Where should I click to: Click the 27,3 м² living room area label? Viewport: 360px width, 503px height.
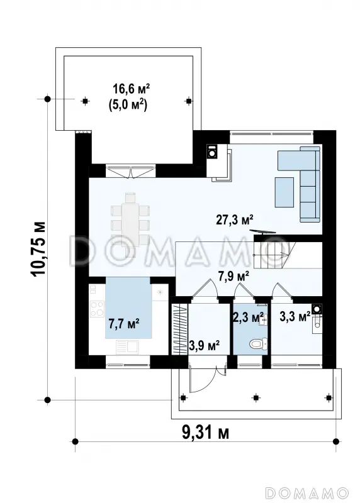(234, 220)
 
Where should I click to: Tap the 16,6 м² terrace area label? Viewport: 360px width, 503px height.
(132, 89)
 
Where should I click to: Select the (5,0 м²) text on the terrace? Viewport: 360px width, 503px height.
(128, 105)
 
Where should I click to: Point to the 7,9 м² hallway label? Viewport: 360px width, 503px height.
(233, 276)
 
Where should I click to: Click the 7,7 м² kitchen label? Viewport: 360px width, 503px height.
(124, 324)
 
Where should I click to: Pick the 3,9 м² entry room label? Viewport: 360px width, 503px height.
(205, 346)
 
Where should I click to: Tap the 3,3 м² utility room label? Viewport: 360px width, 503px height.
(295, 317)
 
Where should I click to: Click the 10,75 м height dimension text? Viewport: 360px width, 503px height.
(38, 249)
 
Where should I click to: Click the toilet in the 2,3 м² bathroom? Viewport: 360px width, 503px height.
(258, 344)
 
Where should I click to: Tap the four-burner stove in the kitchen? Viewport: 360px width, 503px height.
(97, 309)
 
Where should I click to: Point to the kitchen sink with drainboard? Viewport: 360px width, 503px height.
(127, 347)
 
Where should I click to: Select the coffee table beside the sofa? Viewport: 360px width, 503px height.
(284, 192)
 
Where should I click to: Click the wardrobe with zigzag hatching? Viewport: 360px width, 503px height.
(179, 329)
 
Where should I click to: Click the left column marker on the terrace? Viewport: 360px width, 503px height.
(85, 101)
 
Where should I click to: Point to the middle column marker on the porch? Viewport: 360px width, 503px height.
(256, 398)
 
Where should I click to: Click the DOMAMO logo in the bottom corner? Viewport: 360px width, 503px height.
(307, 492)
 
